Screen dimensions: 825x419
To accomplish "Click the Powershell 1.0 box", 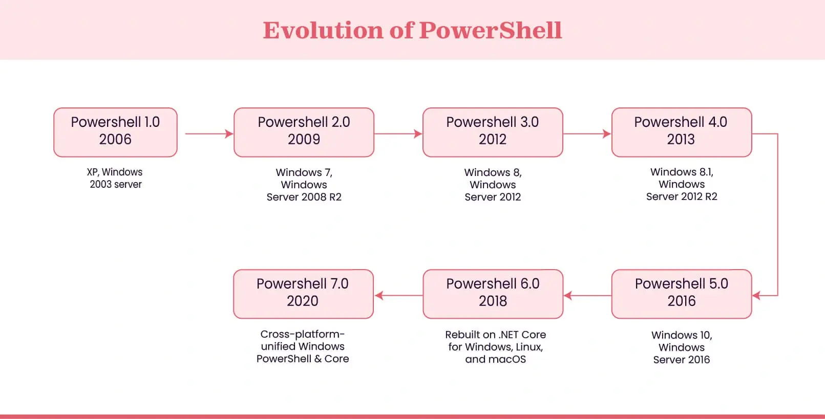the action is pos(115,133).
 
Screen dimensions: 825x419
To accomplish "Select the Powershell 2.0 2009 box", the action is pos(304,133).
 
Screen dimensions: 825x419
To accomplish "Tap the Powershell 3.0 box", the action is pos(493,133).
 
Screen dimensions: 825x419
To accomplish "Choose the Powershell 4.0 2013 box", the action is pos(682,133).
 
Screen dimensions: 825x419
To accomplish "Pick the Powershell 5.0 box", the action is pos(682,294).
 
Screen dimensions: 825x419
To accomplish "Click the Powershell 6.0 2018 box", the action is pos(493,294).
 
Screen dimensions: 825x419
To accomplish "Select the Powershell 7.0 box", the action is pos(304,294).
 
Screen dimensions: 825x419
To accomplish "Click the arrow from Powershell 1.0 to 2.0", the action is pos(209,134).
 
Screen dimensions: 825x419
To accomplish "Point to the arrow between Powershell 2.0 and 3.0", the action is pos(398,134).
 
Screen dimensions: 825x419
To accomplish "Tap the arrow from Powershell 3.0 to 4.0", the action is pos(587,134).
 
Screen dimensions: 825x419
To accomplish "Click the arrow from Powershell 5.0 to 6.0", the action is pos(587,295).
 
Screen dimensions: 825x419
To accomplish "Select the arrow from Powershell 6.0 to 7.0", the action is pos(398,295).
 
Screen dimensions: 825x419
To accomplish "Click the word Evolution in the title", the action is pos(323,30).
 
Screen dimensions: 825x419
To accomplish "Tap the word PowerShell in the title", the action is pos(491,30).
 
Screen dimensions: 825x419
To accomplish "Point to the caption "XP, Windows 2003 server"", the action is pos(115,178).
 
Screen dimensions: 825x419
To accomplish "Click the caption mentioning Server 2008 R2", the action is pos(304,185).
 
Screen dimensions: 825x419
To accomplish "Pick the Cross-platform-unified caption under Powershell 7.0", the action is pos(303,346).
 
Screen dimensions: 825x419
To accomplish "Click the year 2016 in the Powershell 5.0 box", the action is pos(682,301).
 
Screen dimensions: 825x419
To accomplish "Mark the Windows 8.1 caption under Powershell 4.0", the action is pos(682,184).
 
